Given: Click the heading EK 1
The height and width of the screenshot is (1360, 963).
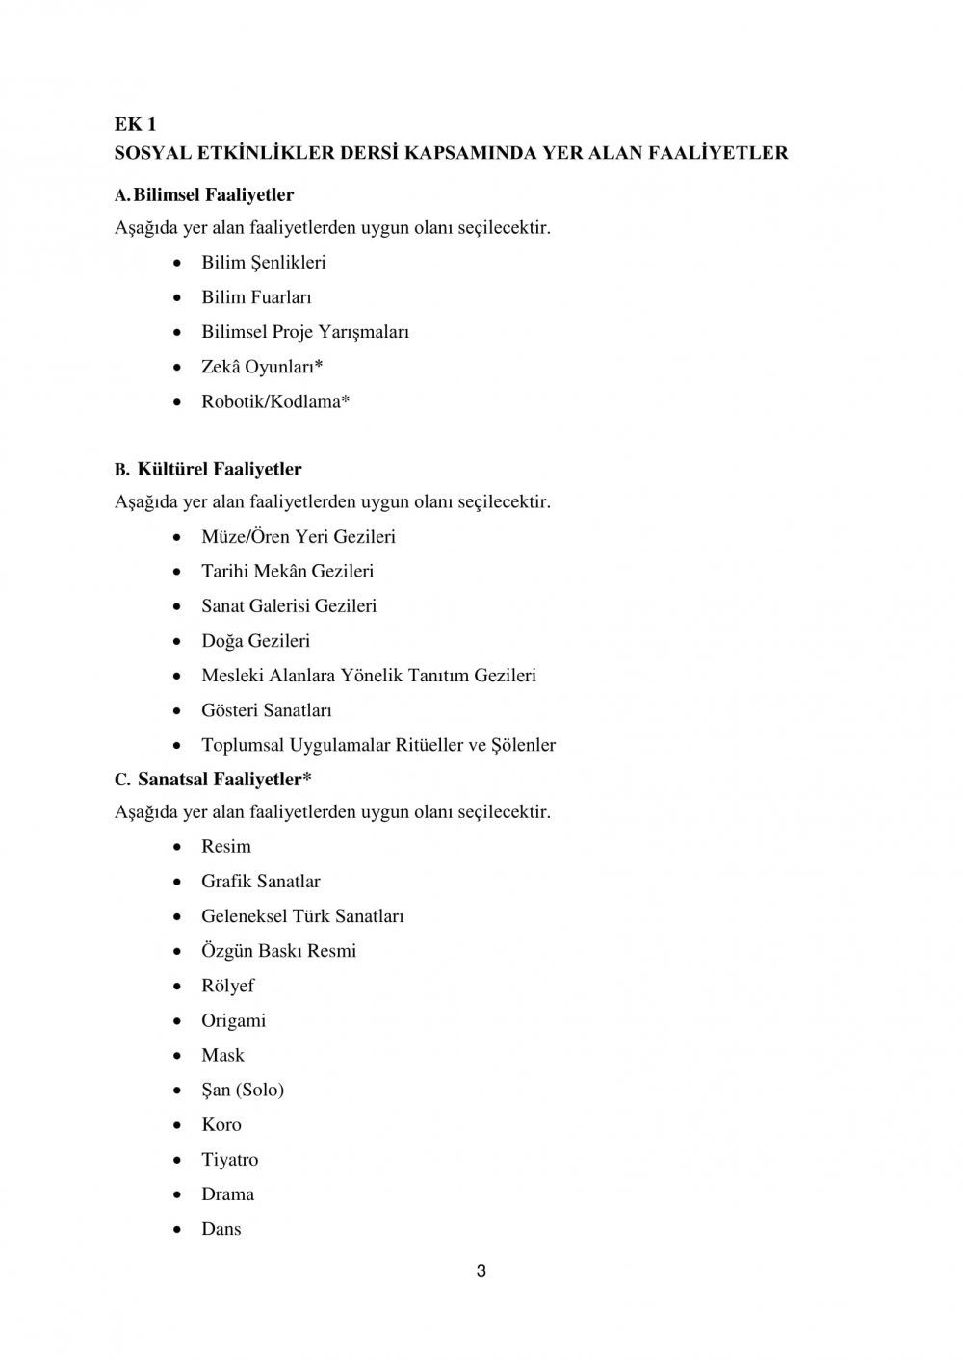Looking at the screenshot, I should pyautogui.click(x=135, y=124).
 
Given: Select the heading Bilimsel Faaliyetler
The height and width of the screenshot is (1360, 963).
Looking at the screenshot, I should pyautogui.click(x=214, y=194).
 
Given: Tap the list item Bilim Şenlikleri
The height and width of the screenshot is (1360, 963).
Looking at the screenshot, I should pyautogui.click(x=263, y=262).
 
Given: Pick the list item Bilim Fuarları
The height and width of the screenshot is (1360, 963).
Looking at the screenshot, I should pyautogui.click(x=256, y=297).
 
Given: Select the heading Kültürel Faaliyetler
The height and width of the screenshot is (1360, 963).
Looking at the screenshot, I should pyautogui.click(x=220, y=469).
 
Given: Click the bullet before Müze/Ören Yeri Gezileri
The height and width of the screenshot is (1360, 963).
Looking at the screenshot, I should pyautogui.click(x=178, y=537).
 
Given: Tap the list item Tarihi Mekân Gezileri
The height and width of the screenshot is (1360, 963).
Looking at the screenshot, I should pyautogui.click(x=287, y=571).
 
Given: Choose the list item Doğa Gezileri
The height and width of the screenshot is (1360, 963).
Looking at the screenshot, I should pyautogui.click(x=255, y=641).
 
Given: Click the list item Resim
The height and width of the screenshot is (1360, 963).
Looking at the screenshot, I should pyautogui.click(x=226, y=847).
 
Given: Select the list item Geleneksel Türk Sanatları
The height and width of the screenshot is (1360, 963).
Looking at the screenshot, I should pyautogui.click(x=302, y=916).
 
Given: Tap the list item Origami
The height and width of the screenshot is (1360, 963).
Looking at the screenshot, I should pyautogui.click(x=233, y=1020).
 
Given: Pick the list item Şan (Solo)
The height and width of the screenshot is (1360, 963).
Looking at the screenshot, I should pyautogui.click(x=243, y=1090).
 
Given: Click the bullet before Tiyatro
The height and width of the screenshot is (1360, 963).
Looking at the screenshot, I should pyautogui.click(x=178, y=1160).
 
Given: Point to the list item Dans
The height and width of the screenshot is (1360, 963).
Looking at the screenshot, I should pyautogui.click(x=221, y=1229).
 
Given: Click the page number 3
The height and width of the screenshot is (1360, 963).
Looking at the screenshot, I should pyautogui.click(x=481, y=1271).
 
